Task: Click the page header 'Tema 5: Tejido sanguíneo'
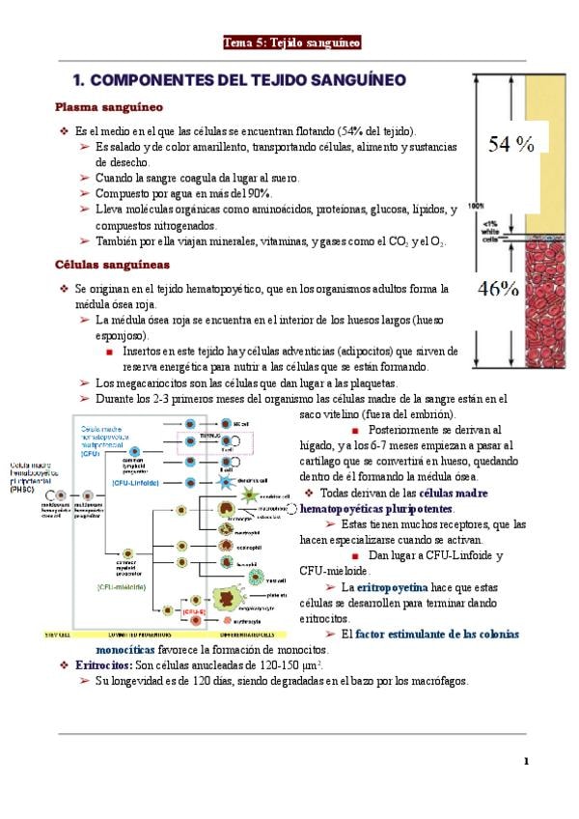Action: (291, 42)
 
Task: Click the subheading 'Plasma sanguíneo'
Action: (109, 106)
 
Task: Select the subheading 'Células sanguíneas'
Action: (113, 264)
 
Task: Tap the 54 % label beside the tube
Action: (510, 145)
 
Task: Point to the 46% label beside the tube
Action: (499, 288)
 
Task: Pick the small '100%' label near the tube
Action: (476, 205)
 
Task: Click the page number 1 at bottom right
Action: (526, 761)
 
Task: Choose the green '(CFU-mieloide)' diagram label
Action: (121, 585)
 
